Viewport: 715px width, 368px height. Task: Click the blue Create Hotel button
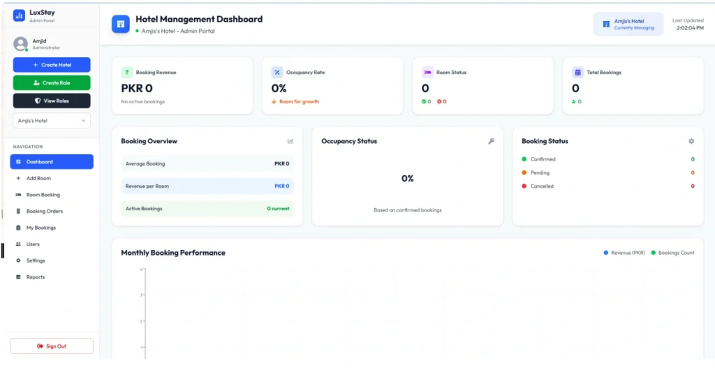pos(52,65)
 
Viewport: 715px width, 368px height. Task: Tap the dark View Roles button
pos(52,101)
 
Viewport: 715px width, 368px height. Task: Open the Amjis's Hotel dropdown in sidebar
pos(52,121)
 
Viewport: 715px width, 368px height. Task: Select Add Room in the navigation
pos(38,178)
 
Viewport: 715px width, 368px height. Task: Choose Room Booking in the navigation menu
pos(43,195)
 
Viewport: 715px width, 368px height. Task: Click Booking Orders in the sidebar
pos(44,211)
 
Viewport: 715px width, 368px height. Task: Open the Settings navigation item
pos(36,260)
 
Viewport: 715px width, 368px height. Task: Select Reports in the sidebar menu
pos(36,277)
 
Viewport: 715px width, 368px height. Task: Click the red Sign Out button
pos(52,346)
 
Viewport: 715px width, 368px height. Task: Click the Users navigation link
pos(33,244)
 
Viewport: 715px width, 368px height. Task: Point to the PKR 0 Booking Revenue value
pos(137,88)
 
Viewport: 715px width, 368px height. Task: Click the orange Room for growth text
pos(299,102)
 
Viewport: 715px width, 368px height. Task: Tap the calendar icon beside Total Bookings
pos(577,72)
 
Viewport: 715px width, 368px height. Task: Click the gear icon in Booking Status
pos(691,141)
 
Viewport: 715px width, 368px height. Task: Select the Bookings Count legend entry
pos(675,253)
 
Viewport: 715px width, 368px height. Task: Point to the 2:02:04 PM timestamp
pos(689,28)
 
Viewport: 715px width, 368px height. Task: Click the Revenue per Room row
pos(207,186)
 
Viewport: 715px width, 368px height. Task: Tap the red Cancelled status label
pos(541,186)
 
